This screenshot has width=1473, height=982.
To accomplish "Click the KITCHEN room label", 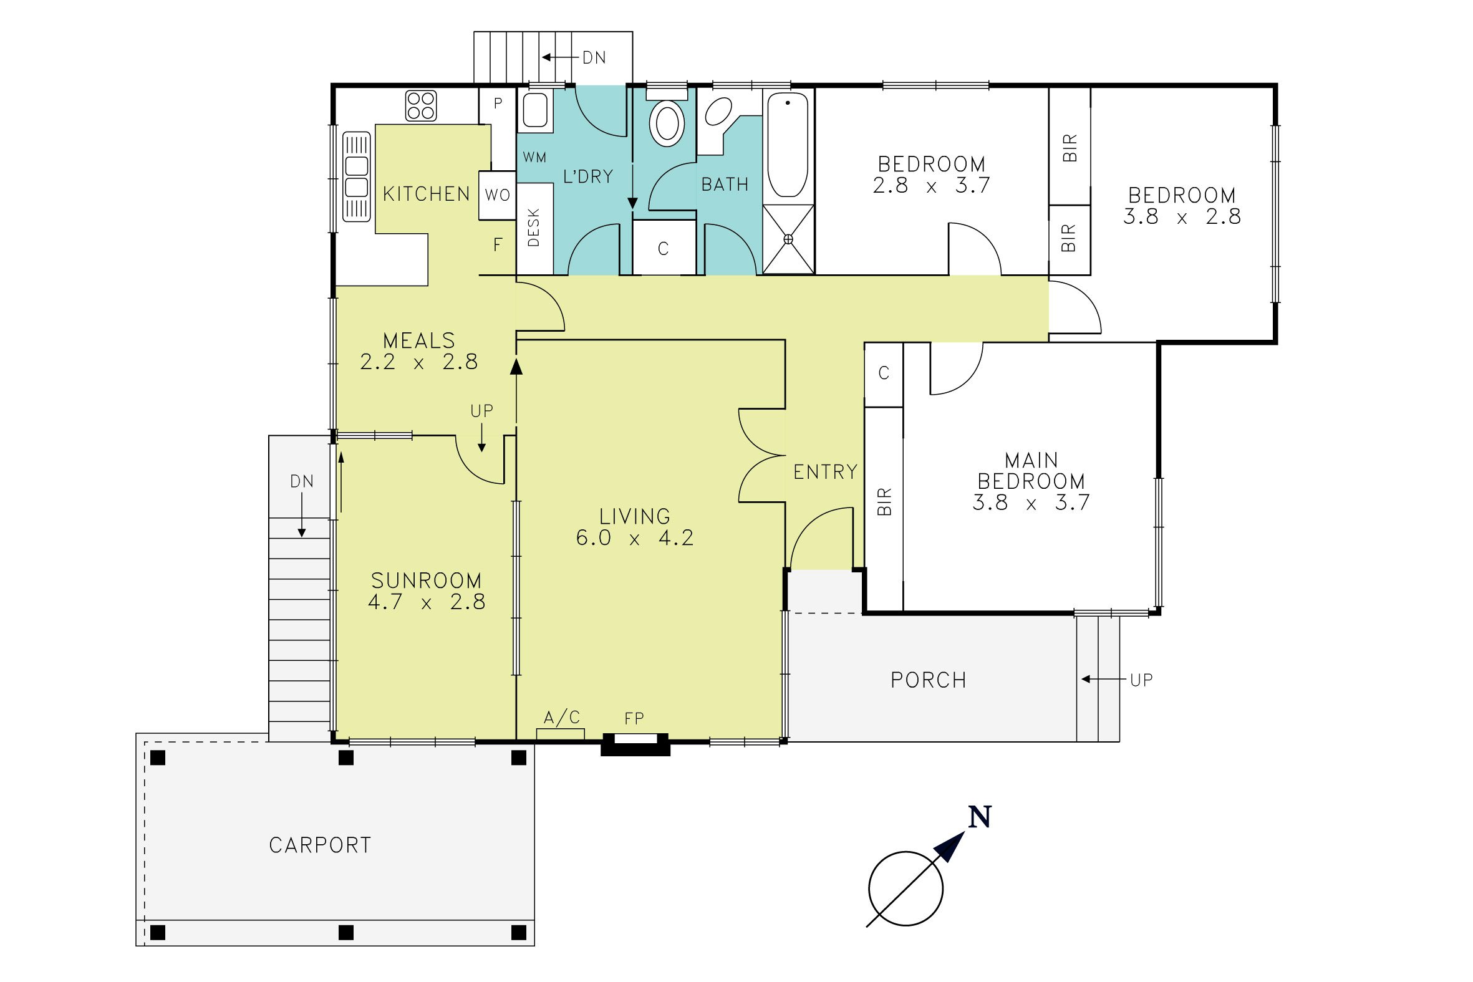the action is (427, 194).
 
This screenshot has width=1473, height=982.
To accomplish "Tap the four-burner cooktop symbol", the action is (421, 106).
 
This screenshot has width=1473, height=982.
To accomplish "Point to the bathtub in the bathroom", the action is (788, 145).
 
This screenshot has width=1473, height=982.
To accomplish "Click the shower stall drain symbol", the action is (788, 239).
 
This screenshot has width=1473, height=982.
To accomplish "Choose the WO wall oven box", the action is (497, 195).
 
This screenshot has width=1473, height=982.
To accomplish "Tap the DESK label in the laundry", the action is (534, 228).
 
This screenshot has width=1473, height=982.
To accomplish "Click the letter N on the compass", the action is (980, 817).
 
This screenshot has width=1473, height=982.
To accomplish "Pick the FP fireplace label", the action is (634, 718).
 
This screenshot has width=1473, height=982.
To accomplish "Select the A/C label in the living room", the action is (562, 717).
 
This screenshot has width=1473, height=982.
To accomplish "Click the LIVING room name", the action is (634, 517).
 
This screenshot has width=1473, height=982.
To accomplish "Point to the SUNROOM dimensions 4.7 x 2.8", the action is (427, 602).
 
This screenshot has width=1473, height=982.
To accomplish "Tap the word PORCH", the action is (928, 680).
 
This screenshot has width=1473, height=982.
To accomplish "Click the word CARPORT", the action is (320, 845).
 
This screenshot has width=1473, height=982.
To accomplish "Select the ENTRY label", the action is (826, 472).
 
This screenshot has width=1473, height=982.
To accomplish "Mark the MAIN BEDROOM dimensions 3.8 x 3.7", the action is (1031, 503).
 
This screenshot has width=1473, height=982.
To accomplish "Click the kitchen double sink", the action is (356, 176).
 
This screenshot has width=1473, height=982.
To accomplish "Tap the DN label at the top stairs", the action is (594, 57).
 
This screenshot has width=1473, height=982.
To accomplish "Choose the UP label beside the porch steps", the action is (1141, 680).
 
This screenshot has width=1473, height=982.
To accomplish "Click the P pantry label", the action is (498, 103).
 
